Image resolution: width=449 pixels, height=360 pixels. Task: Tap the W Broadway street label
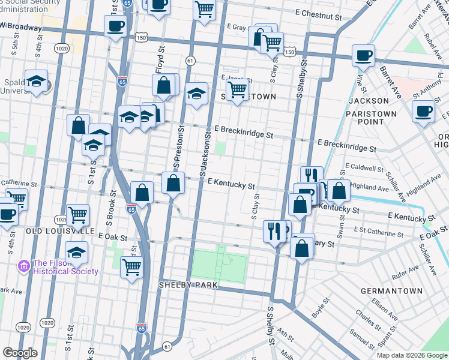click(22, 27)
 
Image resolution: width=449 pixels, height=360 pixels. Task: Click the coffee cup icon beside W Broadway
click(115, 26)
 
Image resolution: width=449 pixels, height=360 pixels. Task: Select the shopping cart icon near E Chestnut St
click(205, 10)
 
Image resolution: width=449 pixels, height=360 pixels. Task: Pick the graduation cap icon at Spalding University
click(36, 82)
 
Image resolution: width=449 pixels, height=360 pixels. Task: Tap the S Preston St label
click(176, 155)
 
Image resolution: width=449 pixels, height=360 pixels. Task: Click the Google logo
click(20, 352)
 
